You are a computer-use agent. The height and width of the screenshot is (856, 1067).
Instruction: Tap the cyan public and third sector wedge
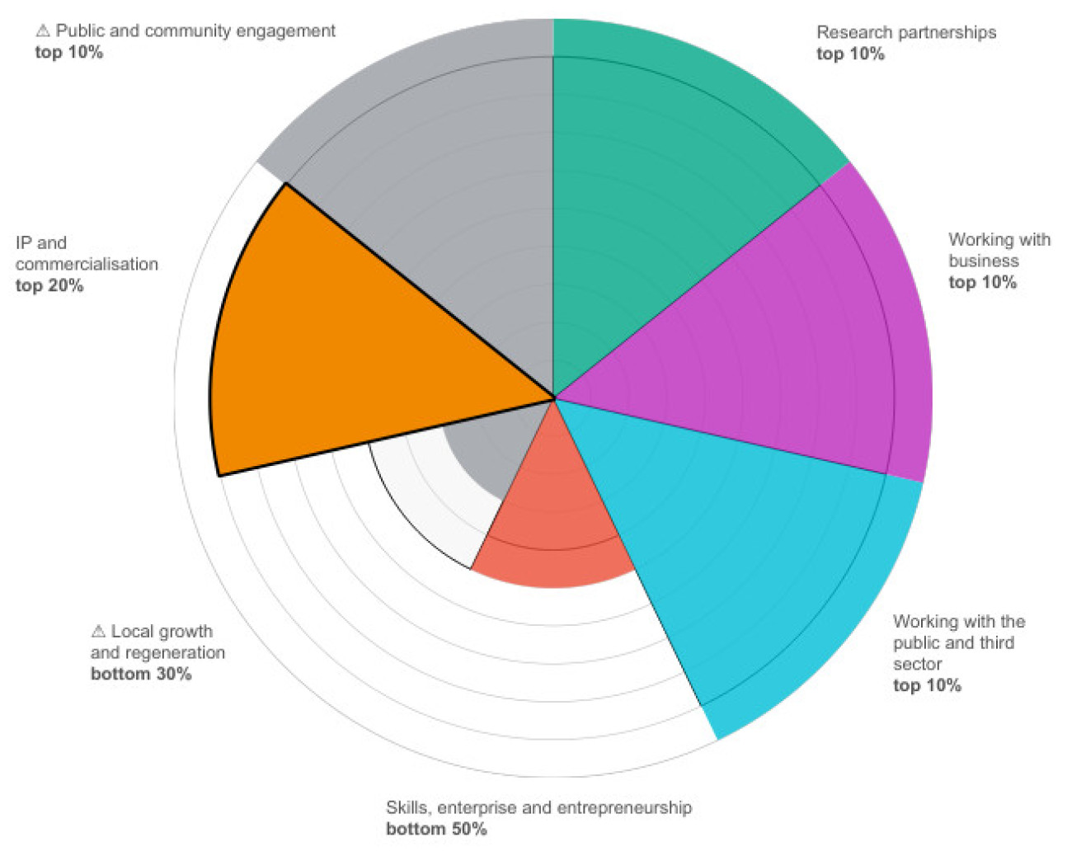click(742, 561)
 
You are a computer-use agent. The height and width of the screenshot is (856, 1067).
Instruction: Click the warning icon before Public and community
click(43, 31)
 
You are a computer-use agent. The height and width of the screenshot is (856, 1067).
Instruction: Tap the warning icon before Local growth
click(98, 632)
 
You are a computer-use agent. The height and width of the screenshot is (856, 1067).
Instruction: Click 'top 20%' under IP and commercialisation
click(49, 286)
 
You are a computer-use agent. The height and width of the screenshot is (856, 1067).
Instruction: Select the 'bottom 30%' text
click(141, 675)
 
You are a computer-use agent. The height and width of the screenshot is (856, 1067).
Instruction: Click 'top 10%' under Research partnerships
click(850, 54)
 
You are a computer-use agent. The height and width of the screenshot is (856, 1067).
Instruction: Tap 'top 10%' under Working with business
click(982, 283)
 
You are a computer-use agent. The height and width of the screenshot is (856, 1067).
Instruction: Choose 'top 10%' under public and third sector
click(927, 686)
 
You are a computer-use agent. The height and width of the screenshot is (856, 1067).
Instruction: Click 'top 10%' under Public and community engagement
click(68, 53)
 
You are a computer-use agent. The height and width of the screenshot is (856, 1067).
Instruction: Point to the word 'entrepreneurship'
click(624, 808)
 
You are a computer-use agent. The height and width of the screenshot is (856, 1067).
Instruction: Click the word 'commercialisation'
click(87, 265)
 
